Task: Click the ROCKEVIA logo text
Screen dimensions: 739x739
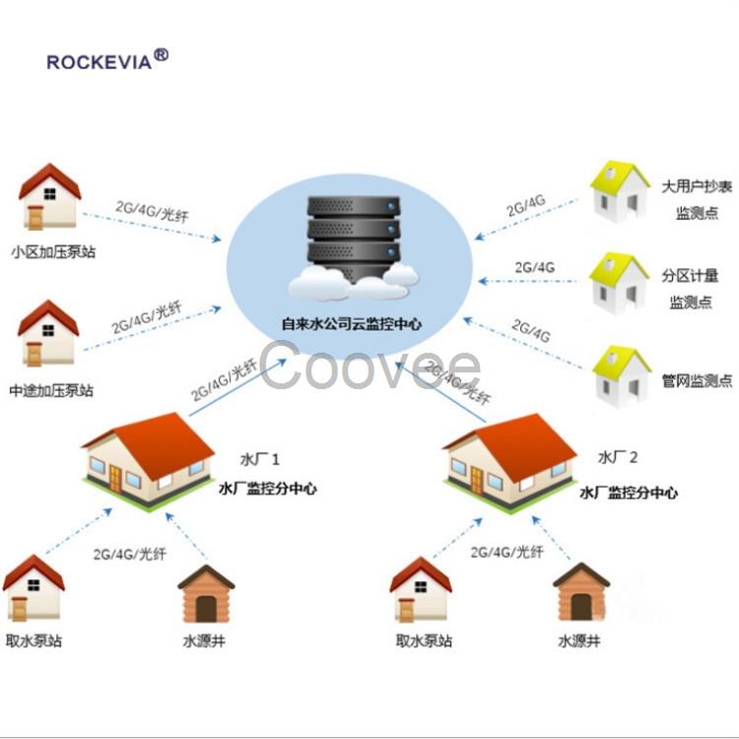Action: (99, 62)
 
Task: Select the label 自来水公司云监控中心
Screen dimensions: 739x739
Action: (351, 324)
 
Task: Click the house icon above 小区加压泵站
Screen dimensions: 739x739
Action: (49, 196)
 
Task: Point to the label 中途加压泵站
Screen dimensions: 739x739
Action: (51, 391)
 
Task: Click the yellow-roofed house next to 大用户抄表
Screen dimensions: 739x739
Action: (620, 191)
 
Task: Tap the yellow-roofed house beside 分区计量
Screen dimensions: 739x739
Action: (619, 283)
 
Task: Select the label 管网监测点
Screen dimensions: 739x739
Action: (697, 380)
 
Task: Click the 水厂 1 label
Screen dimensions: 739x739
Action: (260, 459)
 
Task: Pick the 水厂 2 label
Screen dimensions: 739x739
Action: (618, 457)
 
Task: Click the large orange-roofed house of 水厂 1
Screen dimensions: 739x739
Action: (148, 460)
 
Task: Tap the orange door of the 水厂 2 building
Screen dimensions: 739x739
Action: (477, 480)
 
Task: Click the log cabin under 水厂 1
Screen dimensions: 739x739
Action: (206, 594)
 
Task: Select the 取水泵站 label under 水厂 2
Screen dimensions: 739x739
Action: (424, 641)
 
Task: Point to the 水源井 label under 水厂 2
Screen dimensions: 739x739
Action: (579, 641)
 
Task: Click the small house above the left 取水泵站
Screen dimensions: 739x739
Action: (34, 587)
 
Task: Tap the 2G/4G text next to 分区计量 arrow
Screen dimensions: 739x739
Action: (534, 268)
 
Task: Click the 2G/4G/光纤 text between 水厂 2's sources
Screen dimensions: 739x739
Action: (507, 552)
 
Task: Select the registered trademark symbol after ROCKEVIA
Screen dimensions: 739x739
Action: (162, 55)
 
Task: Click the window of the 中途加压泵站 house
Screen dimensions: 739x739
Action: (48, 330)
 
